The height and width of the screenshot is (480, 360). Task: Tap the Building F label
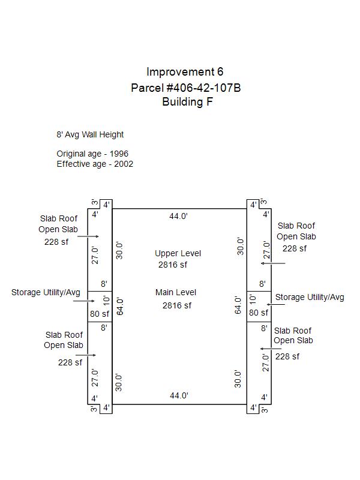187,102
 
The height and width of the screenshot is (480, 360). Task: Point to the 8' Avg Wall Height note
90,134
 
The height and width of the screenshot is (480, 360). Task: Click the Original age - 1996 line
92,154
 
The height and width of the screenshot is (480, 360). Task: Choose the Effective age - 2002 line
95,164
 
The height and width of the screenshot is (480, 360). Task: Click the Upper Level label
178,254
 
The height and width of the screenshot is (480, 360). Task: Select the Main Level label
176,293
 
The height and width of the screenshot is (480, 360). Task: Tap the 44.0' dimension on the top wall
178,217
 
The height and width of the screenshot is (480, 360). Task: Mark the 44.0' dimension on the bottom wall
179,395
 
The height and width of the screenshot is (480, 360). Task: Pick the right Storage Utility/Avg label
310,298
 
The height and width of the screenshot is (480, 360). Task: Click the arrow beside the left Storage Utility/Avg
85,301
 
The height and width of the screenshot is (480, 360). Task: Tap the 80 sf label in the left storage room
100,314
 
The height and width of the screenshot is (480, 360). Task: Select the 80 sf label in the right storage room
259,313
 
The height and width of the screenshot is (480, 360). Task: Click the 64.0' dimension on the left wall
119,307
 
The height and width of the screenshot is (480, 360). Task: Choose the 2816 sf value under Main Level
177,305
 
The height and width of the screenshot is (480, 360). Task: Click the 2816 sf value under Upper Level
173,265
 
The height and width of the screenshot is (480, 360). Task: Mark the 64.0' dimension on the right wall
238,305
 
